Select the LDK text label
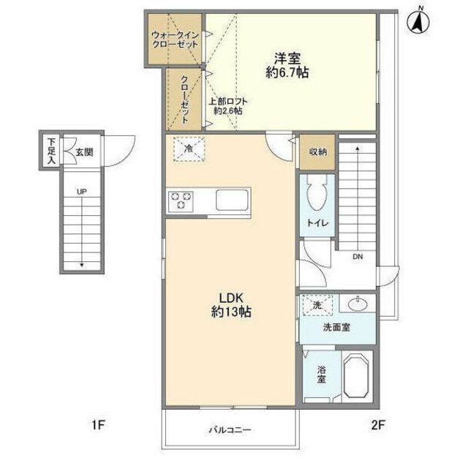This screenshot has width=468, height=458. pyautogui.click(x=232, y=298)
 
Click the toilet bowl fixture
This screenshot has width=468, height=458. pyautogui.click(x=317, y=193)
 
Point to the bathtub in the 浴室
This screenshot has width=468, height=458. pyautogui.click(x=356, y=375)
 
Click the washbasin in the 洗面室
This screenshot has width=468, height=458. pyautogui.click(x=358, y=304)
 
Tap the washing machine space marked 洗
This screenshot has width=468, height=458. pyautogui.click(x=317, y=305)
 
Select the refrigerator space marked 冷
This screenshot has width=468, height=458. pyautogui.click(x=189, y=149)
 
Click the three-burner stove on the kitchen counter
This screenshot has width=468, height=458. pyautogui.click(x=181, y=200)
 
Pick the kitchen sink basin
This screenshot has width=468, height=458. pyautogui.click(x=233, y=200)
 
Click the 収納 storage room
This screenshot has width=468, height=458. pyautogui.click(x=317, y=152)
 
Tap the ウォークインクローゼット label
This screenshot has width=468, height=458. pyautogui.click(x=175, y=40)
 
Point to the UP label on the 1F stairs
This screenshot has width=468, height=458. pyautogui.click(x=82, y=192)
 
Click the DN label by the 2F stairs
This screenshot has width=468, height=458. pyautogui.click(x=358, y=257)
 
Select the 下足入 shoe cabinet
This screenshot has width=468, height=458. pyautogui.click(x=51, y=151)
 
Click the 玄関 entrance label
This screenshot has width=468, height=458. pyautogui.click(x=85, y=152)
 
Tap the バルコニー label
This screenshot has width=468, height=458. pyautogui.click(x=230, y=430)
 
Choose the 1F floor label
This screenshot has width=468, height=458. pyautogui.click(x=98, y=424)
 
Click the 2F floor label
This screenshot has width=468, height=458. pyautogui.click(x=379, y=424)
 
